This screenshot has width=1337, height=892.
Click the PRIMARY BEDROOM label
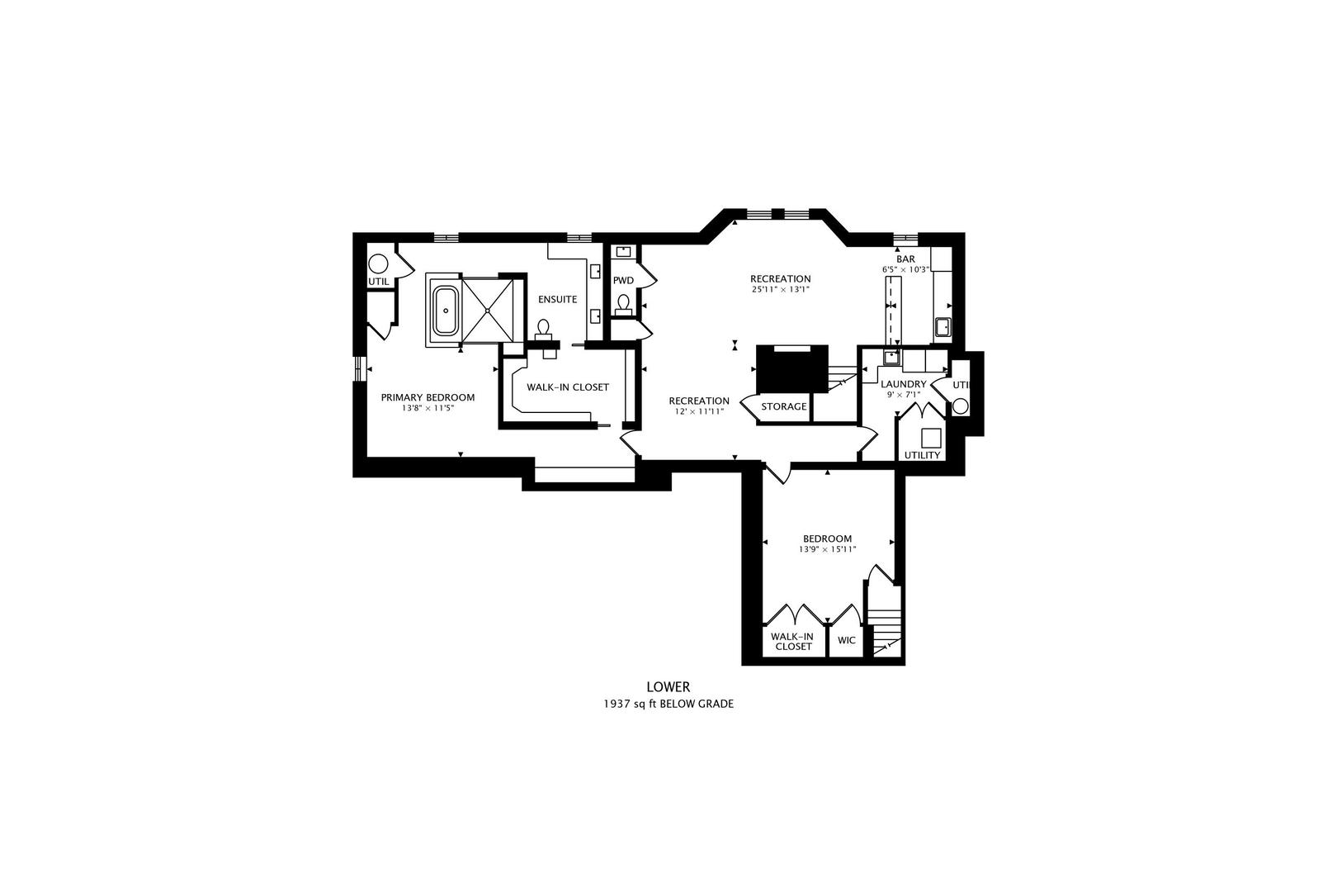pyautogui.click(x=428, y=397)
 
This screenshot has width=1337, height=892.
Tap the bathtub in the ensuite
pyautogui.click(x=445, y=311)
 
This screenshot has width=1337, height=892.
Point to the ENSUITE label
pyautogui.click(x=557, y=299)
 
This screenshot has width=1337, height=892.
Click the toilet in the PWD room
pyautogui.click(x=624, y=304)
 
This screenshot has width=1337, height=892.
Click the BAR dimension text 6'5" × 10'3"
pyautogui.click(x=905, y=269)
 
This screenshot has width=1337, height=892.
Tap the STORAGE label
pyautogui.click(x=783, y=406)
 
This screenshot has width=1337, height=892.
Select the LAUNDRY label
pyautogui.click(x=903, y=384)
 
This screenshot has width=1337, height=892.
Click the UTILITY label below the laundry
pyautogui.click(x=922, y=455)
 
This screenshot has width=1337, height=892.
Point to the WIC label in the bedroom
pyautogui.click(x=847, y=640)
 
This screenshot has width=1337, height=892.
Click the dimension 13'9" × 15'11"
pyautogui.click(x=827, y=549)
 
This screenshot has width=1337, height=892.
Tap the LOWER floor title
pyautogui.click(x=668, y=686)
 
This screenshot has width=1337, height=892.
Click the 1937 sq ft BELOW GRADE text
pyautogui.click(x=668, y=705)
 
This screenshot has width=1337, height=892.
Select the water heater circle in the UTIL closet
pyautogui.click(x=378, y=264)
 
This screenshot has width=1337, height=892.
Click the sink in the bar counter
pyautogui.click(x=943, y=327)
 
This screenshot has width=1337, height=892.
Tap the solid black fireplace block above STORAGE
pyautogui.click(x=791, y=368)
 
